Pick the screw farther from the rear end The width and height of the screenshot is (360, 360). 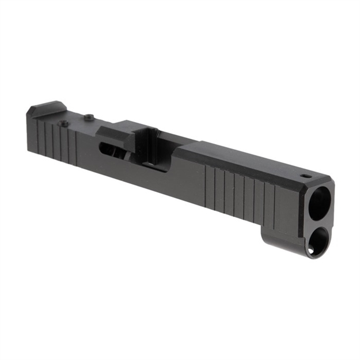88,118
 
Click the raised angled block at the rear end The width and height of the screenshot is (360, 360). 47,108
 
